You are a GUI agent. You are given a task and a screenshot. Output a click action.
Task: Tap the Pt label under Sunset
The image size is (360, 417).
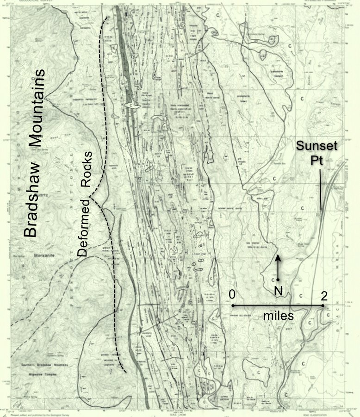tap(318, 160)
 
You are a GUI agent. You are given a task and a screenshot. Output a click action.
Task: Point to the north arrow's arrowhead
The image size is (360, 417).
tap(278, 256)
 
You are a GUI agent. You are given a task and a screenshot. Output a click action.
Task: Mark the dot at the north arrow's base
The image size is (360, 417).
tap(278, 280)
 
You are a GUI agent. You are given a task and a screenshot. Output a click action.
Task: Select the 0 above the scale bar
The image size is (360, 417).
tap(232, 294)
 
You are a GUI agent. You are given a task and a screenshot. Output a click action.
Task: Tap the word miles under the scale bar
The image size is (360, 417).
tap(278, 316)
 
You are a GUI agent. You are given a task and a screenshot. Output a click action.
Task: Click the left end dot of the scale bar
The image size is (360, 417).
tap(233, 306)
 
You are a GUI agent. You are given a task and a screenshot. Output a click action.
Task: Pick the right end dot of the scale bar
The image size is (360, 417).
tap(323, 306)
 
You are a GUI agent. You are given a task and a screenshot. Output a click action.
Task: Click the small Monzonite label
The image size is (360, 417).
tap(43, 255)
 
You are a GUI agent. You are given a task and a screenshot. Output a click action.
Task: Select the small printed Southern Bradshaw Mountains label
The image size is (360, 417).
tap(44, 365)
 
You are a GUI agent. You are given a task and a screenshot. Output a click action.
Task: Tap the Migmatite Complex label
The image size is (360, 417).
tap(44, 371)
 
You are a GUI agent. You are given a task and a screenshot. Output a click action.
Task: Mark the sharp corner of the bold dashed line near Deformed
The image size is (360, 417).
tap(91, 199)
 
